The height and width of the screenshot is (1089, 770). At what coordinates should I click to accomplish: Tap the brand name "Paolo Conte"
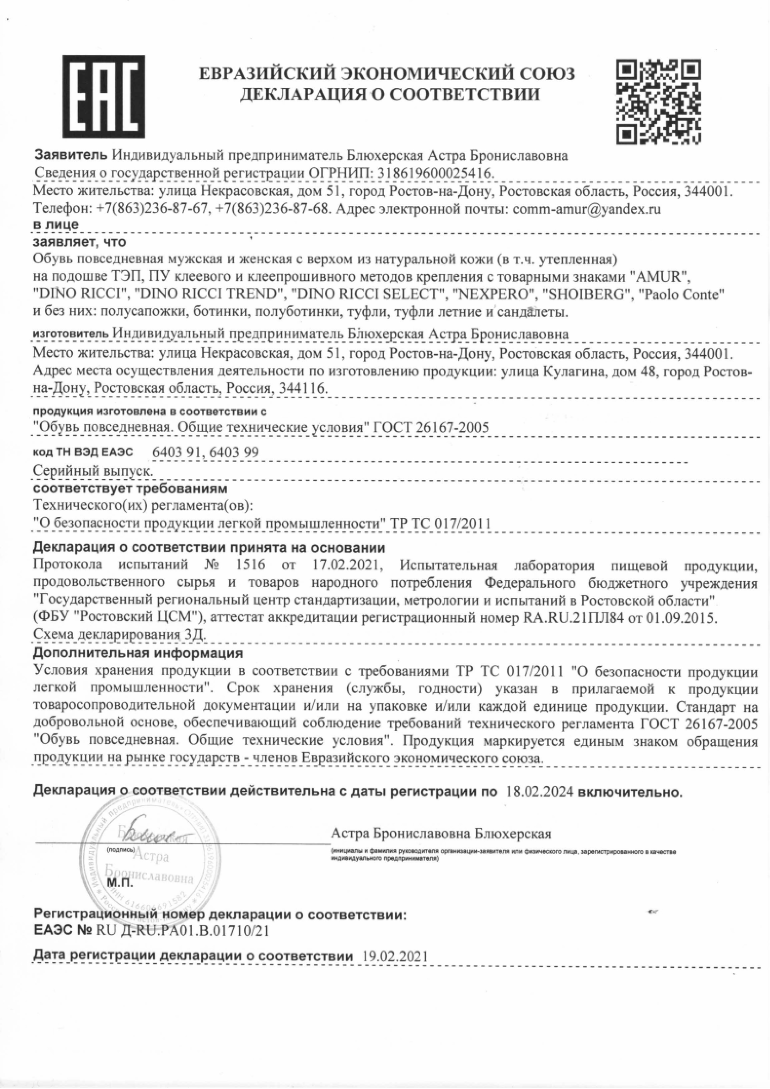(x=681, y=294)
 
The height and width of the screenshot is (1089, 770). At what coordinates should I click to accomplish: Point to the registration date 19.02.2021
(x=394, y=956)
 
